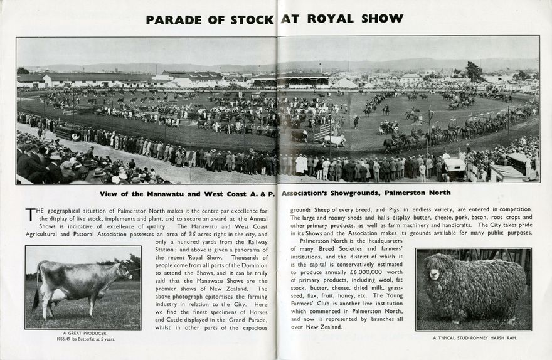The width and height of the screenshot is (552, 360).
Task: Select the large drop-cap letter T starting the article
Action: pos(31,214)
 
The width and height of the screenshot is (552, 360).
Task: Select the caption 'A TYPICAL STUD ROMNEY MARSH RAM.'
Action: pos(474,338)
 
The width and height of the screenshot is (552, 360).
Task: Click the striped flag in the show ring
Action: pos(322,131)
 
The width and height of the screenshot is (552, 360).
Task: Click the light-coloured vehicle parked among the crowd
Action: pos(455,166)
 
